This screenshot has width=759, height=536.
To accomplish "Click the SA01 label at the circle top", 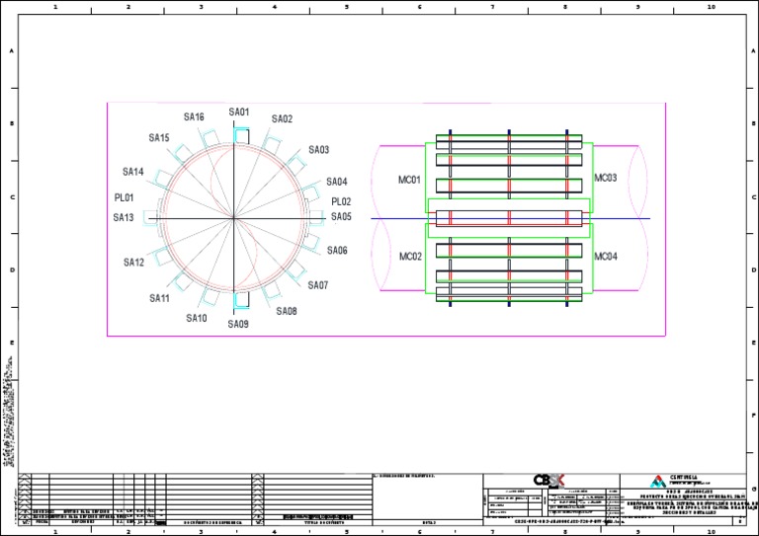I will (239, 113).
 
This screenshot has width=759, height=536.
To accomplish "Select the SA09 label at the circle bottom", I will (238, 324).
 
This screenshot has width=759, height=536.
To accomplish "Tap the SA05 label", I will (341, 217).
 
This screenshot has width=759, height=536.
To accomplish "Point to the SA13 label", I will (123, 218).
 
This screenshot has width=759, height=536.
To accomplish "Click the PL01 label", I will (124, 197).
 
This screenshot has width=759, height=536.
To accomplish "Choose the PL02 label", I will (341, 202).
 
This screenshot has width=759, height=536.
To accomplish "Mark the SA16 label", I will (194, 117).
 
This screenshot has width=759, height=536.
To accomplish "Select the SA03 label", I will (318, 150).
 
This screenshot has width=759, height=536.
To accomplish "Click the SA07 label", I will (317, 285).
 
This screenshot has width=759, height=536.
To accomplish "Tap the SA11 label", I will (160, 298).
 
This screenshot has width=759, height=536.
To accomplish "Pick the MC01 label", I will (410, 181).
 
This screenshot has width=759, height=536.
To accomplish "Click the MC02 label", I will (410, 257).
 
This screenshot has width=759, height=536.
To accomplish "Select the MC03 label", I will (605, 178).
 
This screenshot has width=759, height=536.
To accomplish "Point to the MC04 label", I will (605, 257).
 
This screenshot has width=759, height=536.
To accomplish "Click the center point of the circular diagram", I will (234, 218).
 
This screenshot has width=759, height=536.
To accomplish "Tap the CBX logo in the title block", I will (547, 480).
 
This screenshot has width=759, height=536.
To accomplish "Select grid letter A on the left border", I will (11, 51).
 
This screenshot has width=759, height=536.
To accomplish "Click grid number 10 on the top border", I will (711, 6).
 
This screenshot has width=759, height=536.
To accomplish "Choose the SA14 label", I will (133, 172).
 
